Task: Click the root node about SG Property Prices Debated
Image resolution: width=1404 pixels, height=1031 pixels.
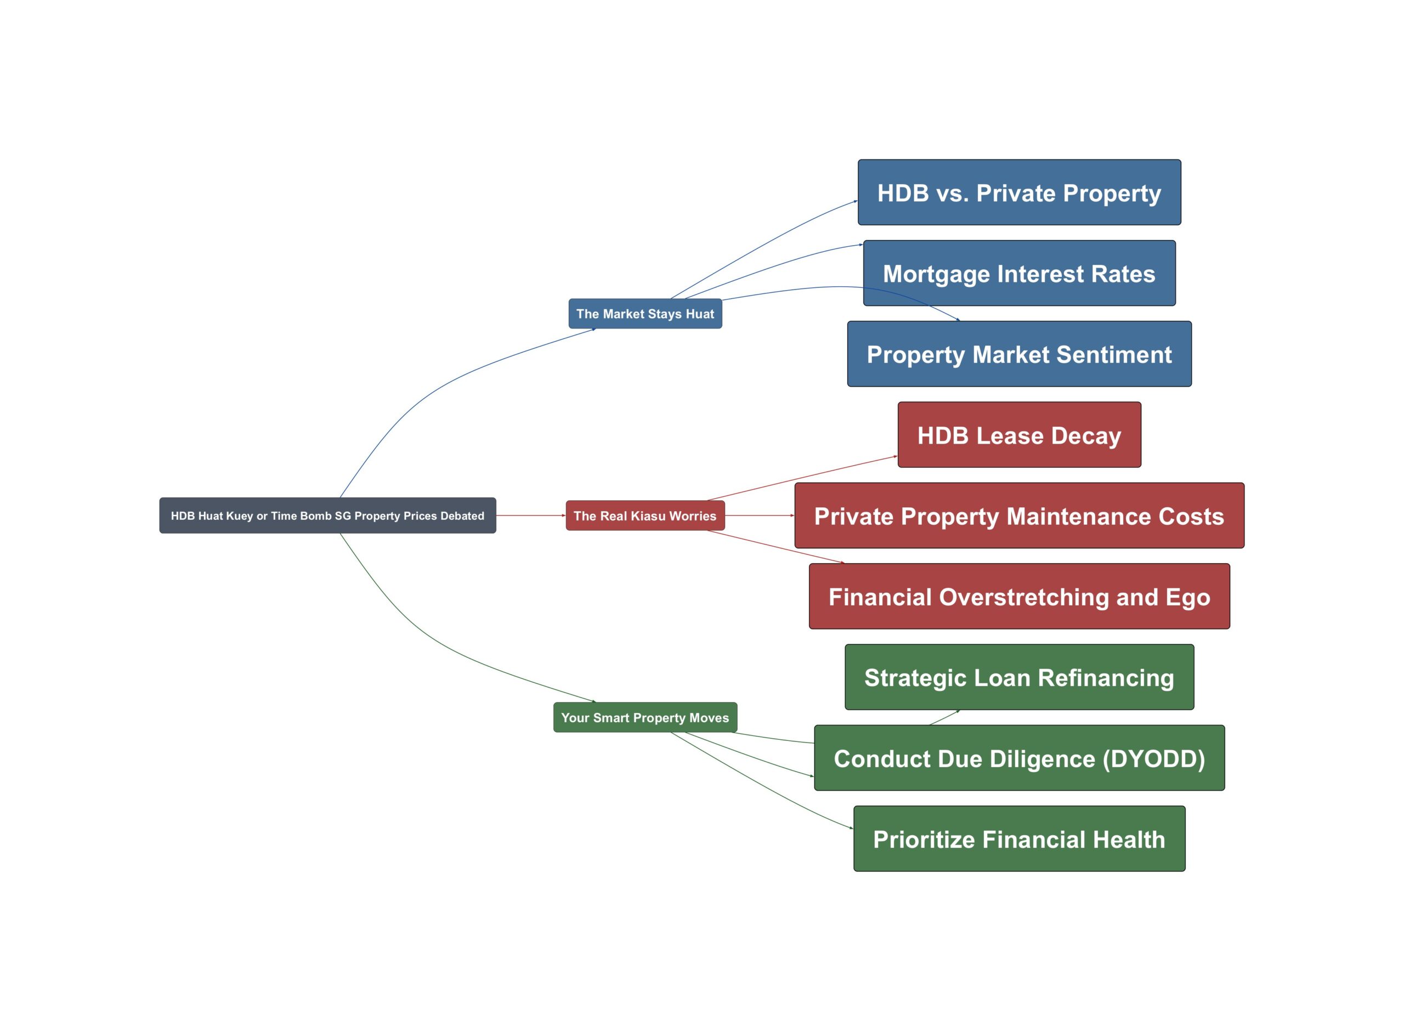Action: (x=327, y=515)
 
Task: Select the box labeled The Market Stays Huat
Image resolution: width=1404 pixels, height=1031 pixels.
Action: (x=645, y=313)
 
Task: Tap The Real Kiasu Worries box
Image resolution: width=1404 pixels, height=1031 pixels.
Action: (x=645, y=515)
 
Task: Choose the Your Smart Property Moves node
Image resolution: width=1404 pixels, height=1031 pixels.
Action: (x=645, y=718)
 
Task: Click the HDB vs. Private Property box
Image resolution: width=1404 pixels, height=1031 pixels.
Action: (x=1020, y=192)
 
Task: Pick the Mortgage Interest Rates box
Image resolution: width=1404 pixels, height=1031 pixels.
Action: (x=1020, y=273)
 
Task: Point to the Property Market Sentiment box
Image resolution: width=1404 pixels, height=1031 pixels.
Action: (x=1020, y=354)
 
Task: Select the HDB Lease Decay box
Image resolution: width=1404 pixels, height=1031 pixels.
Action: (x=1020, y=435)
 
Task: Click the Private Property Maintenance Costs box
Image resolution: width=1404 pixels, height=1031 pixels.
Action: (x=1020, y=515)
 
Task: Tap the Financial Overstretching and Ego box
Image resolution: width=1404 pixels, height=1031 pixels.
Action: (x=1020, y=597)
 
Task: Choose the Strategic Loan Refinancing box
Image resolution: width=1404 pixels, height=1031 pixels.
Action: (x=1020, y=677)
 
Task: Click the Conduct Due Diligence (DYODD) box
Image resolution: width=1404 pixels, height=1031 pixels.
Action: (x=1020, y=758)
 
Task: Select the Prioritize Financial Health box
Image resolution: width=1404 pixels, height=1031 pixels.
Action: (x=1020, y=839)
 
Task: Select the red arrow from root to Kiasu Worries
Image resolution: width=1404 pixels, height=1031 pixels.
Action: (x=531, y=515)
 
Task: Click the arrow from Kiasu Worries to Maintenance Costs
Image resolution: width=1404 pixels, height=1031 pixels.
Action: (x=760, y=515)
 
